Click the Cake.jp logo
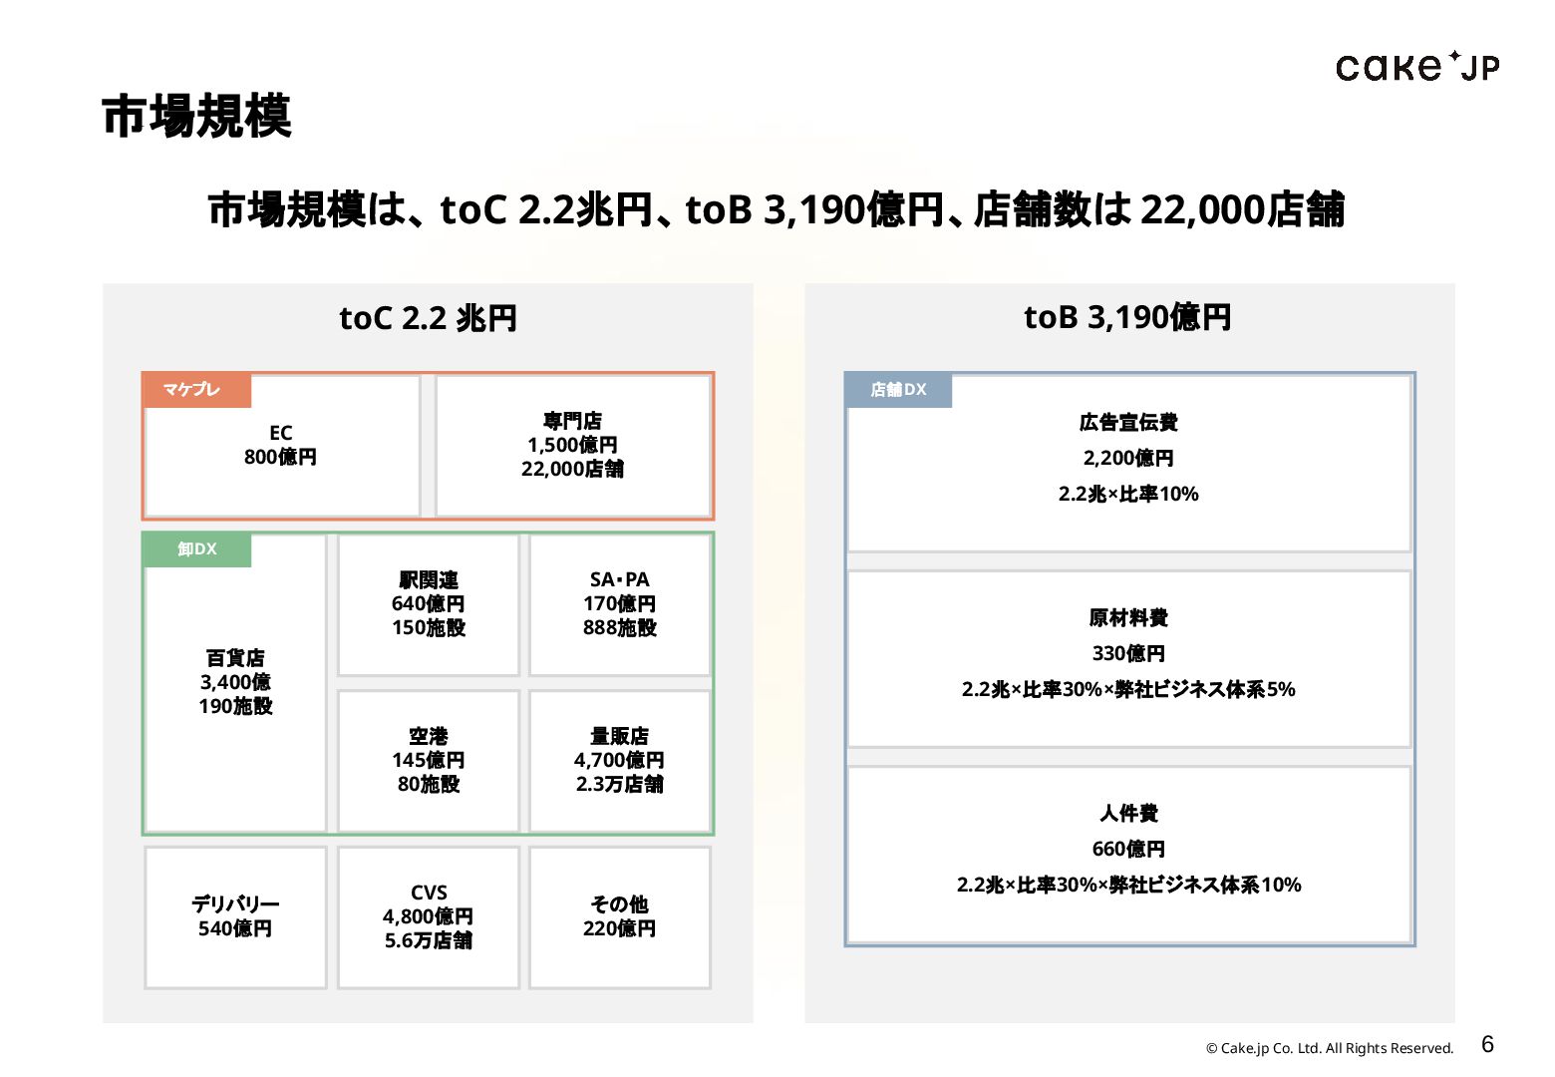[1416, 67]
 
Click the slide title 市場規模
[196, 117]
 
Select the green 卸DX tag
[196, 549]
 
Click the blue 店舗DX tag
[898, 390]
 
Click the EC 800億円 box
[281, 446]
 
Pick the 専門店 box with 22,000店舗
[573, 446]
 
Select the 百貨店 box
[235, 683]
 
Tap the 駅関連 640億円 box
[429, 604]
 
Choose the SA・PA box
[620, 604]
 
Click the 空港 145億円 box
[429, 761]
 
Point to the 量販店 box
[620, 761]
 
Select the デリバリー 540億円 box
[235, 917]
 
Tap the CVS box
[429, 917]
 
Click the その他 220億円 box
[620, 917]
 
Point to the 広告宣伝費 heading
[1128, 423]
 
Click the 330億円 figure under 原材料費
[1128, 654]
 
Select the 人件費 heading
[1128, 814]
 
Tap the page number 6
[1487, 1044]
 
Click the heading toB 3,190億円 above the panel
[1128, 318]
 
